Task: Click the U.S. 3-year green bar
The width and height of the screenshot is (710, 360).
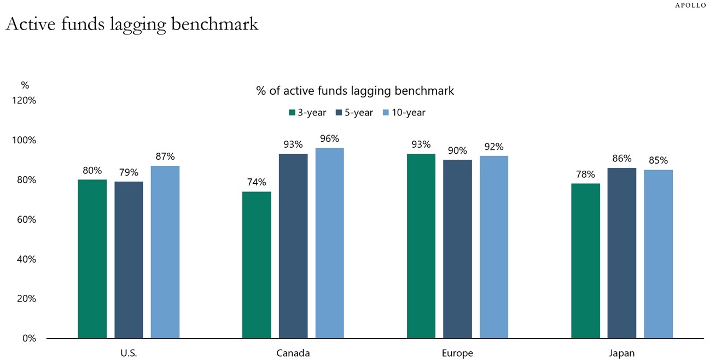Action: click(92, 259)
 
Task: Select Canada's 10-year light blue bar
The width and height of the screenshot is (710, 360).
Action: click(329, 243)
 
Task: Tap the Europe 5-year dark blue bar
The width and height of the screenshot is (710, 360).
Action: click(457, 249)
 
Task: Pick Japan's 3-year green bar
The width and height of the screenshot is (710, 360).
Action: click(585, 260)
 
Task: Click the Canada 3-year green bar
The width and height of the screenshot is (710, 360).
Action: click(257, 265)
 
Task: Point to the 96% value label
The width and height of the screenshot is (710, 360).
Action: click(329, 139)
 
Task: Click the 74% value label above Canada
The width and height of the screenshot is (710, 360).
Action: click(257, 182)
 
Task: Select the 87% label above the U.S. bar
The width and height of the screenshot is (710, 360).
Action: click(165, 156)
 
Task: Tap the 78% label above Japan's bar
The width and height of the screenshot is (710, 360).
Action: click(585, 174)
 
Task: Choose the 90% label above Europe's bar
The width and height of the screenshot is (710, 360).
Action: click(457, 150)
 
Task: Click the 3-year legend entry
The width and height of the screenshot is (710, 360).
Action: click(307, 113)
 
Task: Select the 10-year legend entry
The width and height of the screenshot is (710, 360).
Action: click(404, 113)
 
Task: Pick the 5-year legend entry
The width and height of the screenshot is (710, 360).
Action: click(354, 113)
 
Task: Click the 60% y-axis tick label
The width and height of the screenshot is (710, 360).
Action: click(25, 219)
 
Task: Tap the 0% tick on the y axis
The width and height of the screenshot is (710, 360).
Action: click(28, 338)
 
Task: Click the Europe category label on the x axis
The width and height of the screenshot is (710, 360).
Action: click(457, 353)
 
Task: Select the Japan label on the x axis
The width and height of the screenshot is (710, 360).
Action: click(622, 353)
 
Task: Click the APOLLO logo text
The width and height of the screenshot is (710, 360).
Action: click(690, 5)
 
